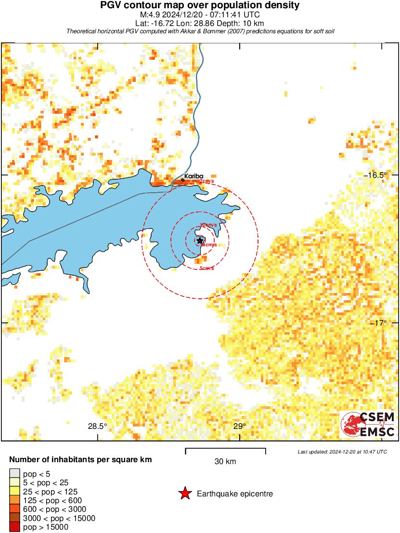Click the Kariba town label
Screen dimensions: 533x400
(194, 176)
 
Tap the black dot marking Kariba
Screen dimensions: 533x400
(182, 180)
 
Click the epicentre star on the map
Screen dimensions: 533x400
(200, 240)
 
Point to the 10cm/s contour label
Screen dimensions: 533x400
(208, 225)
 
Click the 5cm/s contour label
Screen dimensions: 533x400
(206, 268)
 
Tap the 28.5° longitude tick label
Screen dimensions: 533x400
(97, 426)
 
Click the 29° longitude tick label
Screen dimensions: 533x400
(240, 426)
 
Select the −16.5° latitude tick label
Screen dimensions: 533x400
(375, 175)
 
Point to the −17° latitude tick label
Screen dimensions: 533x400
(378, 323)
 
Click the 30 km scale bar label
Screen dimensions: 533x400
(225, 461)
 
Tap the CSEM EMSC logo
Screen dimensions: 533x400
(368, 425)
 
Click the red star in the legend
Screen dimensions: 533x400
(184, 493)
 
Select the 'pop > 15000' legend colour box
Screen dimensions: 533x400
(14, 527)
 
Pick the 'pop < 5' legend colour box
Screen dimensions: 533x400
(14, 474)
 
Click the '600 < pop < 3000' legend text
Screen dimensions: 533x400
(48, 509)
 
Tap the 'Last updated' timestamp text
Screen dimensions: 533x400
(342, 452)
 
